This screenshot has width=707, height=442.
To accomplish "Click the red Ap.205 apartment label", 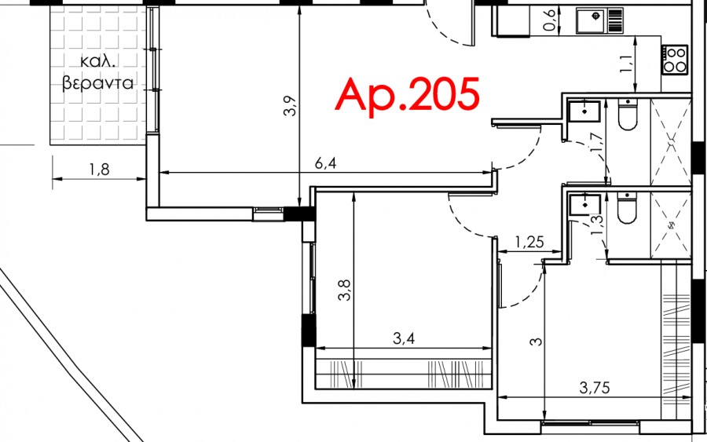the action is (407, 96).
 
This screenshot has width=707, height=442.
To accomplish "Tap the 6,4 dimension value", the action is (325, 163).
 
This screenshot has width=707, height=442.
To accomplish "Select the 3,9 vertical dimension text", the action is (291, 106).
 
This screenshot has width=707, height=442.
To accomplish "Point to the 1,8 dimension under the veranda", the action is (99, 170).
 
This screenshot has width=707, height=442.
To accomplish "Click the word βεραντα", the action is (98, 83).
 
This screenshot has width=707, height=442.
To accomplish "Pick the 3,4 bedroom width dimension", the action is (404, 338).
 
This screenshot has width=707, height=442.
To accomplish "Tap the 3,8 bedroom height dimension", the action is (344, 290).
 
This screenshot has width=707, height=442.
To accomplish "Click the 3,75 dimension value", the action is (595, 387).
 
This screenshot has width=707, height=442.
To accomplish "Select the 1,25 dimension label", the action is (529, 243).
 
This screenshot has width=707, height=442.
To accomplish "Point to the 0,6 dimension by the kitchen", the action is (550, 20).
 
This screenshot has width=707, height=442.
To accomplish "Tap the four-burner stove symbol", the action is (675, 60).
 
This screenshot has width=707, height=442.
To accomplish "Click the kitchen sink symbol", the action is (599, 20).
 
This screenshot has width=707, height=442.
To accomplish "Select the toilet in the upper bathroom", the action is (628, 114).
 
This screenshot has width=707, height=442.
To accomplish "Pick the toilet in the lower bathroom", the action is (627, 208).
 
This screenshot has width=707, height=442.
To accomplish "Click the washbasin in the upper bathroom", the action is (584, 111).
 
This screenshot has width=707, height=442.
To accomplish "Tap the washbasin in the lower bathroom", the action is (584, 205).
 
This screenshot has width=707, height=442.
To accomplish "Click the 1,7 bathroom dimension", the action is (595, 142).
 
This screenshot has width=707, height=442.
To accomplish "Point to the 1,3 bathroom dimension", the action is (596, 225).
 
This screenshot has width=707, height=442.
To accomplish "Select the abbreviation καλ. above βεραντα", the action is (98, 60).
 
